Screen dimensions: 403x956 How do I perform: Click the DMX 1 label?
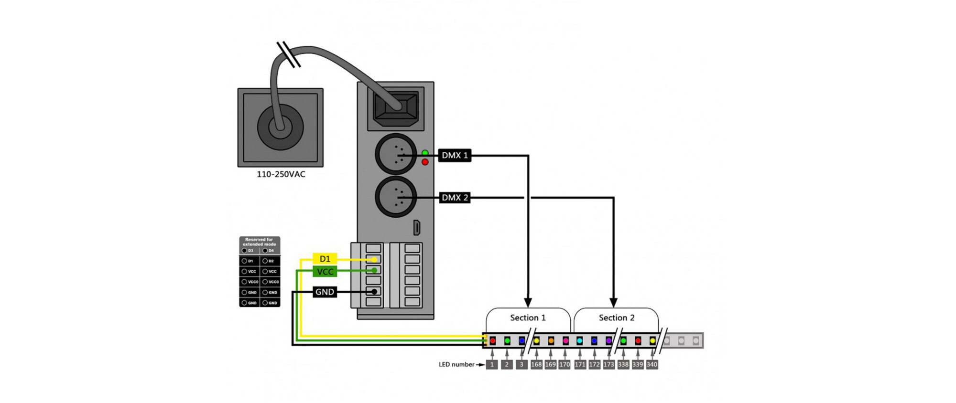(x=455, y=155)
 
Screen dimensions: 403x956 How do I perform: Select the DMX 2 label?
(x=455, y=197)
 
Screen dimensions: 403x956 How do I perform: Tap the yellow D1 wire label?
(x=325, y=259)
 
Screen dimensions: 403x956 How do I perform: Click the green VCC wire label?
(x=325, y=272)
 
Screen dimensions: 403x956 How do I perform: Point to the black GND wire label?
(x=325, y=292)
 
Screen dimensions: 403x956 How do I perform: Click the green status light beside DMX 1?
(x=425, y=153)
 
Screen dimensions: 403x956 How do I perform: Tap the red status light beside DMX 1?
(x=425, y=162)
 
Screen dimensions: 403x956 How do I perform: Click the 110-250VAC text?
(x=281, y=174)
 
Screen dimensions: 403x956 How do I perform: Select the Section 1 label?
(x=528, y=318)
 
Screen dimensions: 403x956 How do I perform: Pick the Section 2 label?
(x=617, y=318)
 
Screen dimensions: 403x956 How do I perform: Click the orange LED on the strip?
(x=551, y=341)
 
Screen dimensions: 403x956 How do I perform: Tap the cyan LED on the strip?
(x=579, y=341)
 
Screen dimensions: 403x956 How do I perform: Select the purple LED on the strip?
(x=608, y=341)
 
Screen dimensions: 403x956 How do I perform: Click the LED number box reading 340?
(x=652, y=364)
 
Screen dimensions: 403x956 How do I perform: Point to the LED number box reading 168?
(x=536, y=364)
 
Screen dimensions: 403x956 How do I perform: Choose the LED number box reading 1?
(x=492, y=364)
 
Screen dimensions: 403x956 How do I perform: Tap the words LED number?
(x=456, y=364)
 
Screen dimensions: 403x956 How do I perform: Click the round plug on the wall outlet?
(x=280, y=127)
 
